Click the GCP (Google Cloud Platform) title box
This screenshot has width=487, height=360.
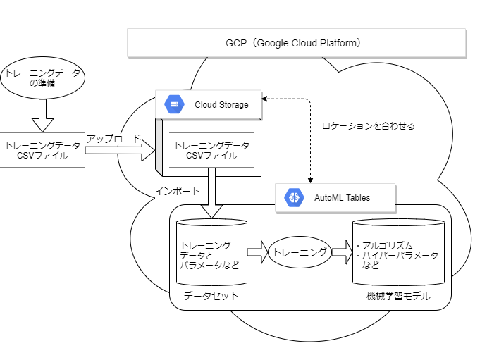coord(296,43)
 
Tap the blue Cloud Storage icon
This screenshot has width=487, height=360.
coord(174,105)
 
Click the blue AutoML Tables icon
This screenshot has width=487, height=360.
coord(293,198)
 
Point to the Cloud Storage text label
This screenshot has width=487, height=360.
coord(221,105)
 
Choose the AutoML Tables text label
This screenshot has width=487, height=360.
coord(342,198)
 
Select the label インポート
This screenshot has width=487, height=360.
coord(176,192)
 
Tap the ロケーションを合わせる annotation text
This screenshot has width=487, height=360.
coord(368,126)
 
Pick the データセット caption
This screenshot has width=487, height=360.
coord(211,296)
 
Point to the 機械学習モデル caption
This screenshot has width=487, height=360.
coord(398,297)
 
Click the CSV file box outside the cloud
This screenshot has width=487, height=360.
coord(42,150)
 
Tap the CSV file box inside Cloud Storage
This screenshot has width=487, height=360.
coord(211,150)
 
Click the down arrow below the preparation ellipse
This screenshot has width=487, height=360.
coord(42,114)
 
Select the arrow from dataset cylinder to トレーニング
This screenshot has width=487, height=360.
coord(257,252)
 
